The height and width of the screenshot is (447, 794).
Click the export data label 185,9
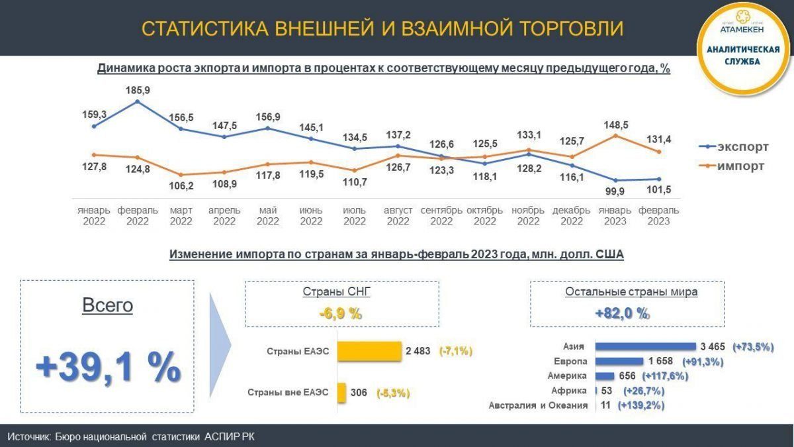pyautogui.click(x=137, y=89)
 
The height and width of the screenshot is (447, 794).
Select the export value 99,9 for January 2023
pyautogui.click(x=616, y=191)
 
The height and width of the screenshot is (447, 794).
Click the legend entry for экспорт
pyautogui.click(x=733, y=147)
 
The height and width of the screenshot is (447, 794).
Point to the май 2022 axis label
pyautogui.click(x=267, y=216)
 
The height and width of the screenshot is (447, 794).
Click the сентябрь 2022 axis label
pyautogui.click(x=441, y=216)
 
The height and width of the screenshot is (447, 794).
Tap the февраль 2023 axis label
pyautogui.click(x=658, y=216)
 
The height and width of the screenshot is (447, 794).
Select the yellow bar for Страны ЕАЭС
pyautogui.click(x=369, y=351)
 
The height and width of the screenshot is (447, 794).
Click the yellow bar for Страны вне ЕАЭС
pyautogui.click(x=341, y=393)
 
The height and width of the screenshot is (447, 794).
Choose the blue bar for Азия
pyautogui.click(x=646, y=346)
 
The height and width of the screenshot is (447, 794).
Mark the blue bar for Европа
pyautogui.click(x=619, y=362)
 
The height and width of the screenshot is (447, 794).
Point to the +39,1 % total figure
pyautogui.click(x=108, y=368)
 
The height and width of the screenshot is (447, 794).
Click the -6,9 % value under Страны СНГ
pyautogui.click(x=340, y=314)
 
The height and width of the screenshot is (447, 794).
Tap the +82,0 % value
pyautogui.click(x=622, y=314)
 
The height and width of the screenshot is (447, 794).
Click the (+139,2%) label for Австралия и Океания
pyautogui.click(x=640, y=405)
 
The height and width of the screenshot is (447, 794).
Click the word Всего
pyautogui.click(x=107, y=305)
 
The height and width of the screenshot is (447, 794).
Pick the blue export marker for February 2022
pyautogui.click(x=137, y=102)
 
